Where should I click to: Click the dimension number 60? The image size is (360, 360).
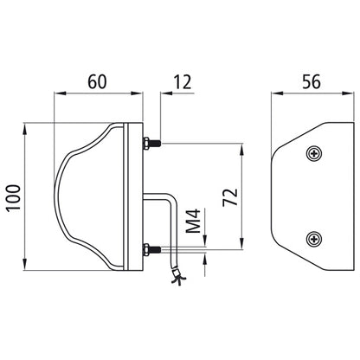point(97,81)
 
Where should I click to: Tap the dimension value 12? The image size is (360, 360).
point(183,82)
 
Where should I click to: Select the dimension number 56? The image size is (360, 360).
point(312,81)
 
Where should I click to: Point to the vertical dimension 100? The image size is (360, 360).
point(14,198)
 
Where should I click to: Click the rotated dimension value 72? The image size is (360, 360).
point(230,197)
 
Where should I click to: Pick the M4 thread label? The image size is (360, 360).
point(193,221)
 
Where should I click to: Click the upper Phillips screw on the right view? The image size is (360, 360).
point(314,153)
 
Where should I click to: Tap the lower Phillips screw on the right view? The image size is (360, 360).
point(314,239)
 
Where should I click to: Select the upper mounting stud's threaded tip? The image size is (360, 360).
point(156,143)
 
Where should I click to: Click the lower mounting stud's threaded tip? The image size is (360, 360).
point(156,249)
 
